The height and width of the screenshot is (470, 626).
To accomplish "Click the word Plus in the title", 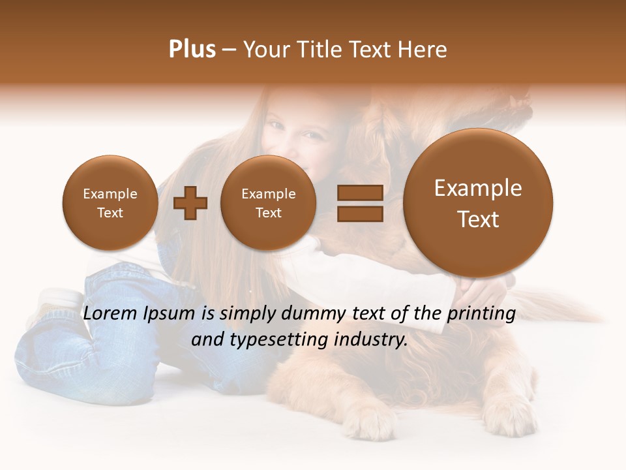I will (192, 50).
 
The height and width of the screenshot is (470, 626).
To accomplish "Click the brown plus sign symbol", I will (190, 203).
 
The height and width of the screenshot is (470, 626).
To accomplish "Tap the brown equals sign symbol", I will (359, 202).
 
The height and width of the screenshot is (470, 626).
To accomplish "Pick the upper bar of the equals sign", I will (359, 193).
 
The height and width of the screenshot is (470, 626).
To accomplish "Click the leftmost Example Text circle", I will (110, 203).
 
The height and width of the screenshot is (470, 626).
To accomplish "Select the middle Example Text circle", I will (268, 203).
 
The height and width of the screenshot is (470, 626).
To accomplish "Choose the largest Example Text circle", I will (478, 203).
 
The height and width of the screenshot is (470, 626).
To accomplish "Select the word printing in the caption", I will (481, 314).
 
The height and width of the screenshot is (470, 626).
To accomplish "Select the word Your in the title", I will (267, 50).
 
